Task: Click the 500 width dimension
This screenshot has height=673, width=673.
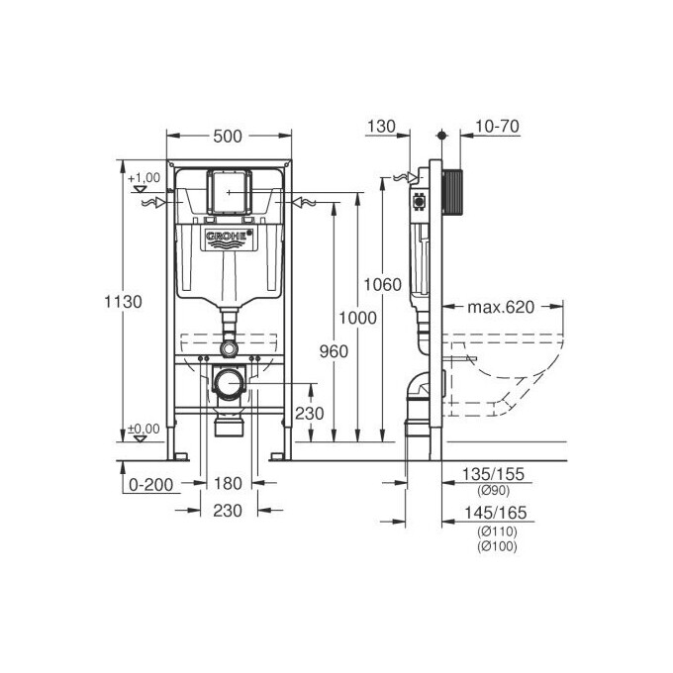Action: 228,136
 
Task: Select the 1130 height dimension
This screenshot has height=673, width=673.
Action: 123,302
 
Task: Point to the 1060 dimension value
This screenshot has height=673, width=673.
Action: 382,285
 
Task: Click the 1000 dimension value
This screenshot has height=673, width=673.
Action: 357,318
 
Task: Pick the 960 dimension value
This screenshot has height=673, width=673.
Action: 334,351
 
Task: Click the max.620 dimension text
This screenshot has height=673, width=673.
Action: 501,307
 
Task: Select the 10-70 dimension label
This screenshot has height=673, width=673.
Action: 497,127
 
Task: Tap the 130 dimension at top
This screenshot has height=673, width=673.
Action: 381,127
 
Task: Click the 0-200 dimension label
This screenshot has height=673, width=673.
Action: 151,485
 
